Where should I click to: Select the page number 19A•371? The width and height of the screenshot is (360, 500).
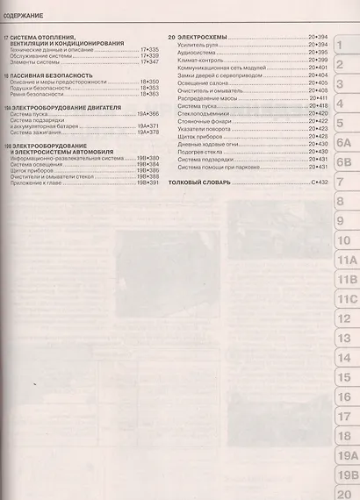[146, 125]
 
